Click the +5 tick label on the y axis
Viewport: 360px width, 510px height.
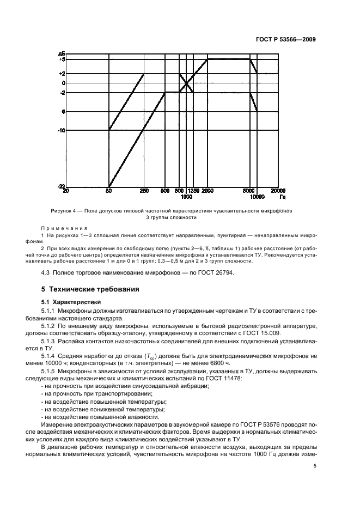pos(62,59)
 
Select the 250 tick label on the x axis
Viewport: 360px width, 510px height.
pos(144,191)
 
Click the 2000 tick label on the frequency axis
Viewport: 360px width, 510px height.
pos(208,191)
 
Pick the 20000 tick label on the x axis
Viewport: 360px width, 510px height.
pos(278,191)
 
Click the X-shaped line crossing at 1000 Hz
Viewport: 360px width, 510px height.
pos(187,83)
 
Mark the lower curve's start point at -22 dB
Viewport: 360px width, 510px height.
pos(109,186)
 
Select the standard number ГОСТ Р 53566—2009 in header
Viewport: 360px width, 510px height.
pos(286,39)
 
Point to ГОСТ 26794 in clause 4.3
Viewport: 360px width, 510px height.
pos(216,273)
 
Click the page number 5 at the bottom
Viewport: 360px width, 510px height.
pos(314,466)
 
